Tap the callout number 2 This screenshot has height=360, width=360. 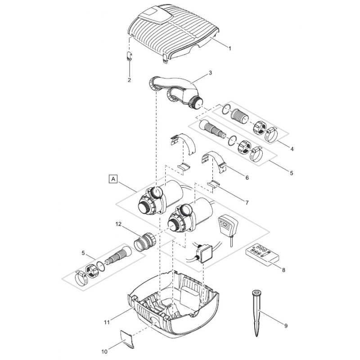(129, 80)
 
